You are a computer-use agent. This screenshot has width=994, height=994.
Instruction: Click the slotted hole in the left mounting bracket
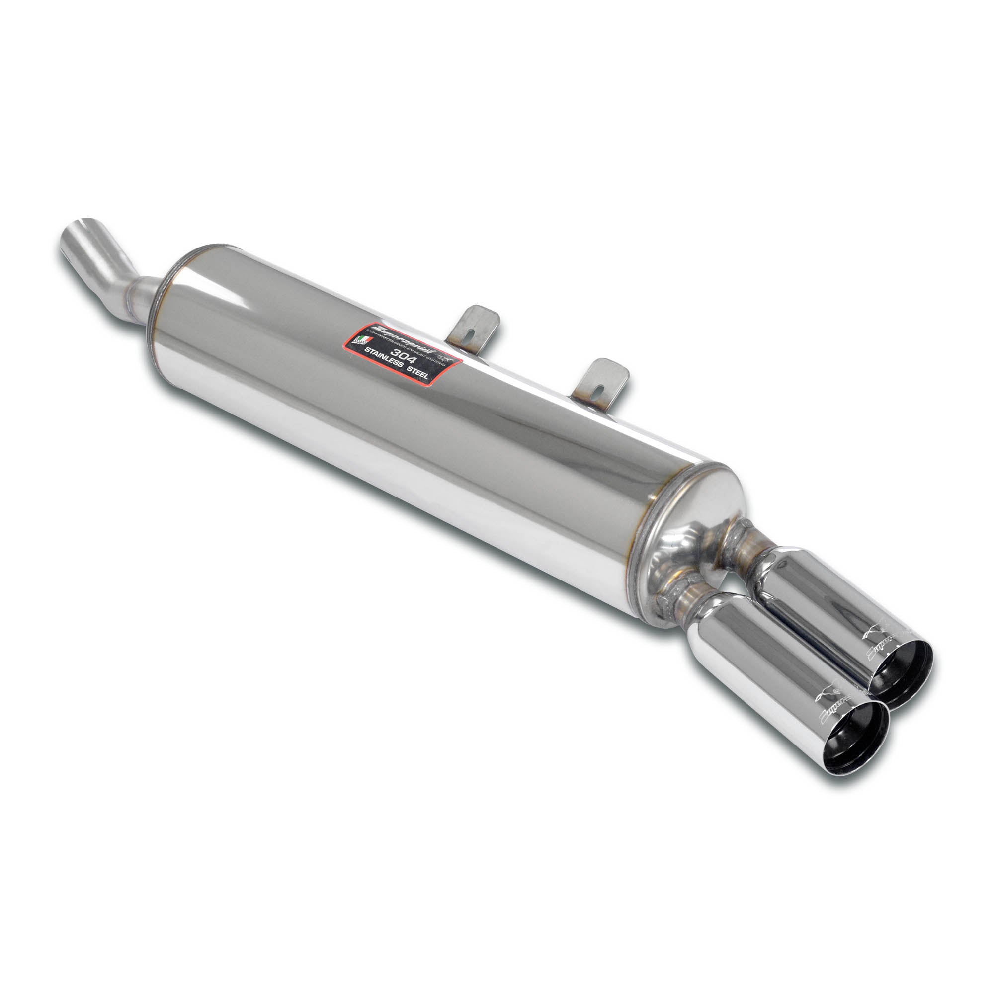coord(473,333)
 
